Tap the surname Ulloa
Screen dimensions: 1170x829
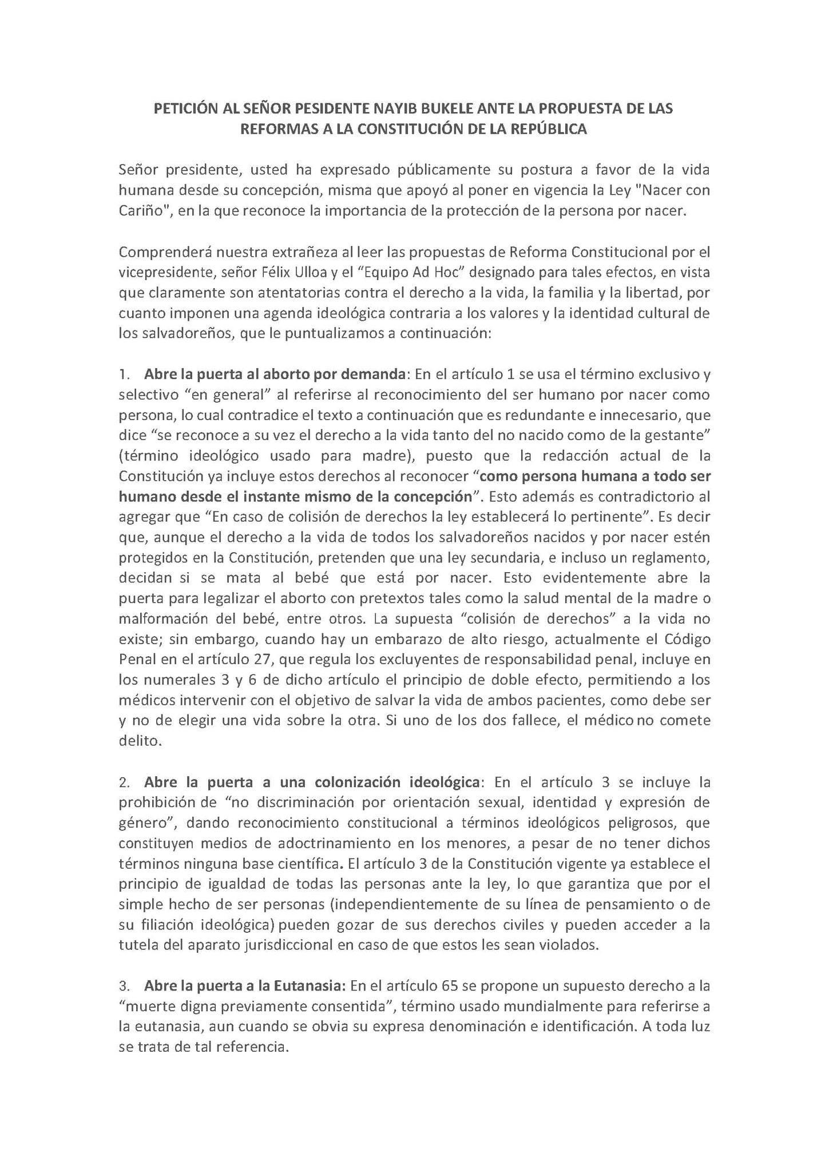pyautogui.click(x=312, y=272)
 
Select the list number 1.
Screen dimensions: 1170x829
pyautogui.click(x=124, y=374)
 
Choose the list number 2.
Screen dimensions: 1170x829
pyautogui.click(x=124, y=781)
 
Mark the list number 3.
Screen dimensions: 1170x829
pyautogui.click(x=124, y=985)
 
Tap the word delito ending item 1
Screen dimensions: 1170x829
pyautogui.click(x=138, y=740)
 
